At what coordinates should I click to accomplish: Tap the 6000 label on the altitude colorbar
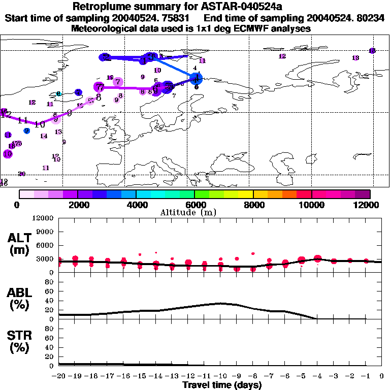[x=194, y=205]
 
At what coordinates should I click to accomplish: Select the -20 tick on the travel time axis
[x=59, y=376]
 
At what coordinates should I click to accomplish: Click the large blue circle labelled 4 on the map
[x=196, y=78]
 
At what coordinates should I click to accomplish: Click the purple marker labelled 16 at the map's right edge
[x=372, y=51]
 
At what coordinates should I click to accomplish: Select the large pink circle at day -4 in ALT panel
[x=318, y=259]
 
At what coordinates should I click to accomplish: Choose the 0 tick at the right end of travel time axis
[x=382, y=376]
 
